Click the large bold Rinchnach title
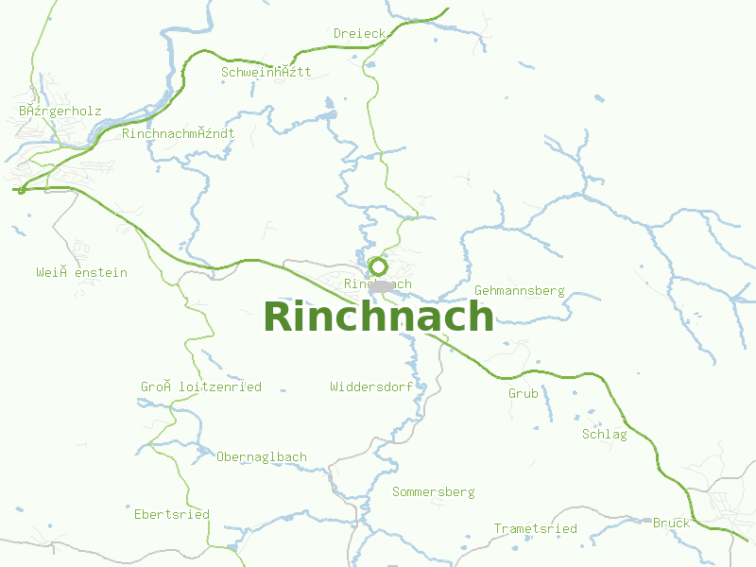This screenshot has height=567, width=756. (x=378, y=317)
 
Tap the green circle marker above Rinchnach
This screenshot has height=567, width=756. (x=378, y=266)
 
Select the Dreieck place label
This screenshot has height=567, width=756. (x=360, y=34)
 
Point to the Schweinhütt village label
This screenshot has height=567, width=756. (x=266, y=72)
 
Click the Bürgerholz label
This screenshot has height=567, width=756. (x=60, y=111)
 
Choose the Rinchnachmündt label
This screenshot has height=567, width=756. (x=179, y=133)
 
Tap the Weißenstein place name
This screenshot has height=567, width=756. (x=82, y=272)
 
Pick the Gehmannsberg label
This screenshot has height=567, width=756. (x=519, y=290)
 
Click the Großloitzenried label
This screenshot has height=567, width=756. (x=201, y=387)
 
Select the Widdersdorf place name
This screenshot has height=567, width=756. (x=371, y=387)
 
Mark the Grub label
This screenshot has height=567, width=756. (x=524, y=393)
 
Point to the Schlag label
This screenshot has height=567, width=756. (x=605, y=434)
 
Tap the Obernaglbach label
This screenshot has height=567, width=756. (x=262, y=456)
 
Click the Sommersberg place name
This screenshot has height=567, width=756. (x=434, y=491)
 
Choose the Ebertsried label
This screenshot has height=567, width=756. (x=172, y=513)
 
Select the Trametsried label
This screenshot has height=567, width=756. (x=535, y=528)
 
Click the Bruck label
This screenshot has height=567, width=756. (x=671, y=523)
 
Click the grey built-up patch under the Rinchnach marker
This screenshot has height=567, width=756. (x=381, y=285)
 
